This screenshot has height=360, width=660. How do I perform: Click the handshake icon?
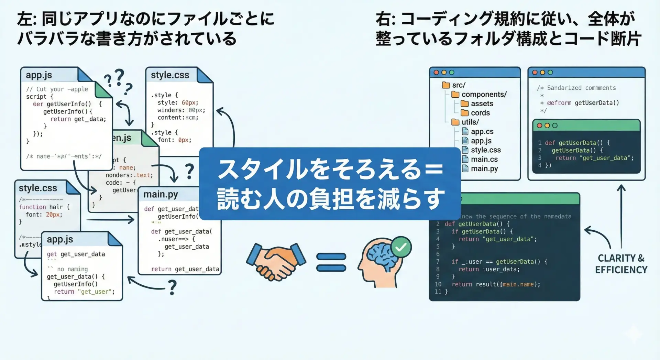pyautogui.click(x=276, y=261)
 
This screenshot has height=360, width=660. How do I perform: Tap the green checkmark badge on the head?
pyautogui.click(x=401, y=247)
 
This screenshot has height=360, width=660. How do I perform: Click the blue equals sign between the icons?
pyautogui.click(x=331, y=262)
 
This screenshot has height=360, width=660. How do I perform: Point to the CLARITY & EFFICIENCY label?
pyautogui.click(x=621, y=264)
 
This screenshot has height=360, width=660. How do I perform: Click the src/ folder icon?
pyautogui.click(x=446, y=85)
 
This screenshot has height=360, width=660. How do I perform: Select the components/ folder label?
pyautogui.click(x=484, y=95)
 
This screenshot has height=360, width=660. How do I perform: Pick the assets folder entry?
pyautogui.click(x=482, y=104)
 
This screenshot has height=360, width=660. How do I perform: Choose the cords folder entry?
pyautogui.click(x=480, y=113)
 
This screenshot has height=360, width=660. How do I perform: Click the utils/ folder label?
pyautogui.click(x=470, y=122)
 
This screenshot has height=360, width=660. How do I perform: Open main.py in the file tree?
pyautogui.click(x=484, y=169)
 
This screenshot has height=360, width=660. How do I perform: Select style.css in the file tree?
pyautogui.click(x=485, y=150)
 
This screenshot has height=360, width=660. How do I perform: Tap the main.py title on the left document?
pyautogui.click(x=161, y=195)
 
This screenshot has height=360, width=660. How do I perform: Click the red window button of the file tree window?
pyautogui.click(x=436, y=73)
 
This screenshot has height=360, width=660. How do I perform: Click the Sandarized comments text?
pyautogui.click(x=581, y=88)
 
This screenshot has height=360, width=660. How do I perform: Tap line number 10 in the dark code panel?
pyautogui.click(x=438, y=284)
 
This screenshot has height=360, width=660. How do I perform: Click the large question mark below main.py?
pyautogui.click(x=172, y=287)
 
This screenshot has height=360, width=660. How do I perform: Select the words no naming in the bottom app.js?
pyautogui.click(x=72, y=269)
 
